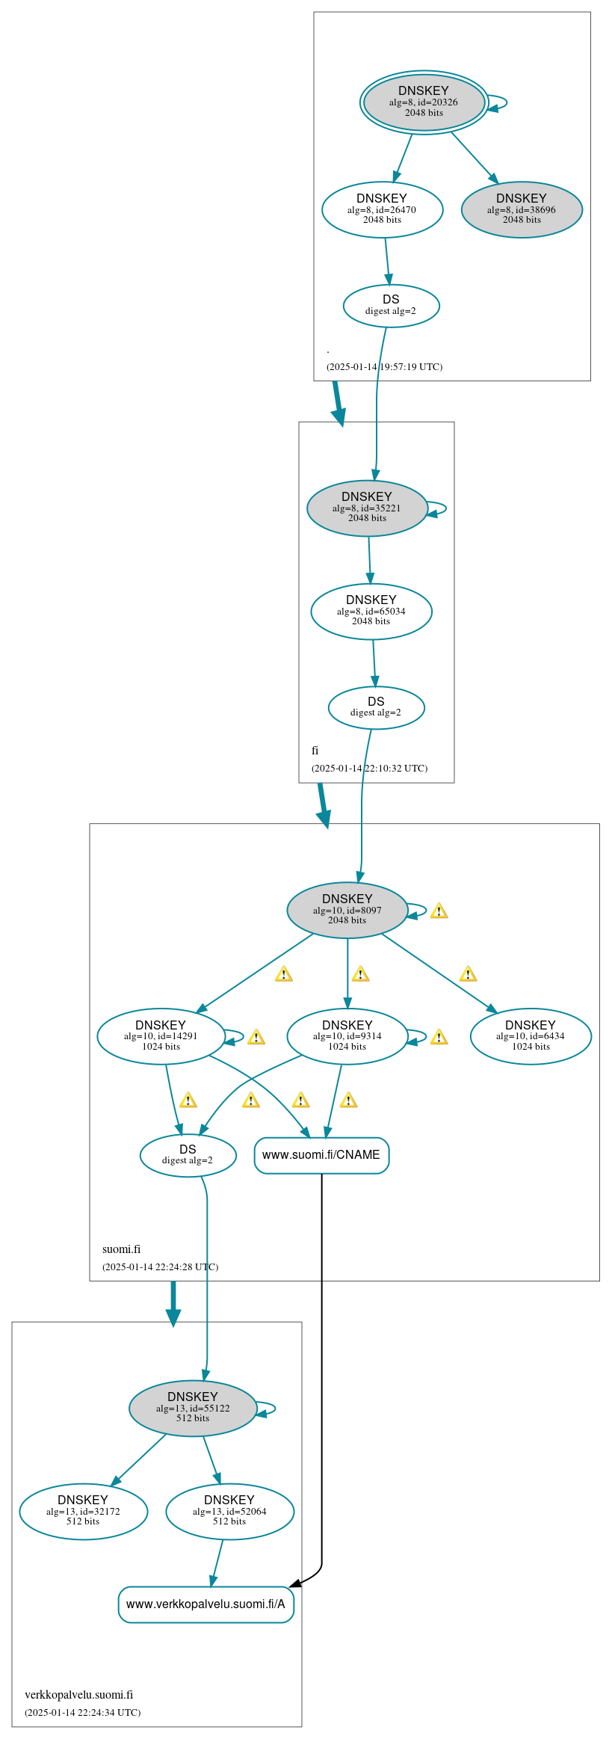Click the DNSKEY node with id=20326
[x=424, y=102]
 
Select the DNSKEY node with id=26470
[x=382, y=209]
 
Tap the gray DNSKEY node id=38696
[x=522, y=209]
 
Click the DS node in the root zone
[x=391, y=305]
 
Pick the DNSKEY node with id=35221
[x=367, y=508]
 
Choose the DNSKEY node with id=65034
[x=371, y=611]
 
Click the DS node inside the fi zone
[x=376, y=707]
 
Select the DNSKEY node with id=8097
[x=347, y=910]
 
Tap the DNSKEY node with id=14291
[x=161, y=1036]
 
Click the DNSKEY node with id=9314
[x=347, y=1036]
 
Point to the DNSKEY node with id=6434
[x=531, y=1036]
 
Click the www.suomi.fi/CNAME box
[x=321, y=1155]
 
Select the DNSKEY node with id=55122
[x=193, y=1408]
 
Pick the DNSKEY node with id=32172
[x=83, y=1511]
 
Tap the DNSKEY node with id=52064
[x=229, y=1511]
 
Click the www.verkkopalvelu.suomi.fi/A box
[x=205, y=1604]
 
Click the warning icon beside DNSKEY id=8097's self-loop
[x=439, y=911]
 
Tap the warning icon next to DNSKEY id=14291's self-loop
[x=256, y=1037]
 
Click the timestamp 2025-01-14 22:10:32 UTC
[x=369, y=768]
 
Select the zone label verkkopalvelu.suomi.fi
[x=78, y=1694]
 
